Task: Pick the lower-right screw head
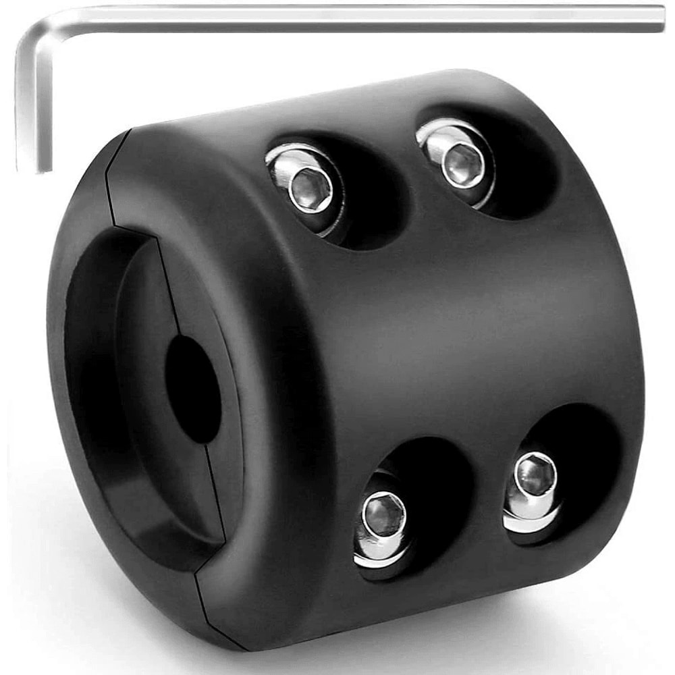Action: [x=535, y=475]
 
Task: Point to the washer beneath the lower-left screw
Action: [x=378, y=557]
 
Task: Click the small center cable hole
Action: [x=193, y=389]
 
